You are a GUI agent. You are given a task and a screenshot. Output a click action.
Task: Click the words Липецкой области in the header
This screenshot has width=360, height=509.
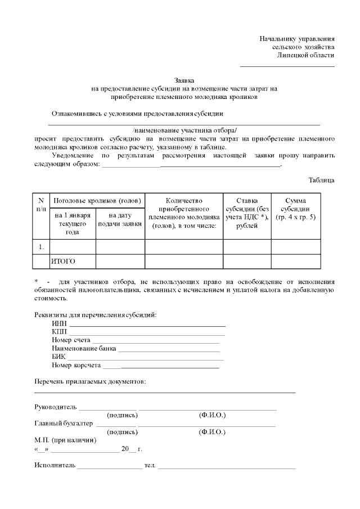pos(305,55)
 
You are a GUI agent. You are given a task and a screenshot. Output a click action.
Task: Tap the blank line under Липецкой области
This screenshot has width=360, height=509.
pos(287,66)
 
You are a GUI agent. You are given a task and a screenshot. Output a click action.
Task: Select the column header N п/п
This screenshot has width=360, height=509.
pos(41,205)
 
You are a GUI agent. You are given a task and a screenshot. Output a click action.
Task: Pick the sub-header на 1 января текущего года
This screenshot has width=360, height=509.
pos(73,223)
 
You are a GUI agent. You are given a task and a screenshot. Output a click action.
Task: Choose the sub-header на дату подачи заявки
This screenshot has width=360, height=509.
pos(120,219)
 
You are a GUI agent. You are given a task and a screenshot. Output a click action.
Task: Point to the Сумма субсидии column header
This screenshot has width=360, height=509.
pos(296,209)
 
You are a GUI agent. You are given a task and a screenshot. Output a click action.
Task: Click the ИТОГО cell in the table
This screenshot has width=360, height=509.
pos(63,262)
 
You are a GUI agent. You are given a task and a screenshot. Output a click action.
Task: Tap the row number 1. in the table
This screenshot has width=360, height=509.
pos(41,247)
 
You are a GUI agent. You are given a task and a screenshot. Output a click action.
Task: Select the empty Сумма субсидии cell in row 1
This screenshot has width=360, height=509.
pos(296,247)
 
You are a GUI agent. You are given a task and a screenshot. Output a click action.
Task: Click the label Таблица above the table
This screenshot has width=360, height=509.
pos(321,180)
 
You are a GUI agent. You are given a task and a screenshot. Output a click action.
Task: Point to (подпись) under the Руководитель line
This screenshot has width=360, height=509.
pos(122,415)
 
